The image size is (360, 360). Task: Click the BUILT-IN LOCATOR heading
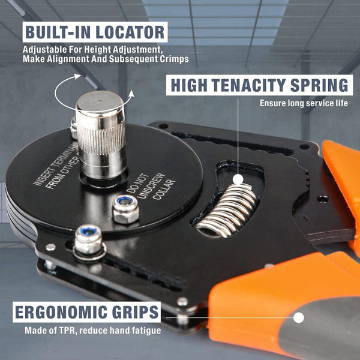tap(94, 32)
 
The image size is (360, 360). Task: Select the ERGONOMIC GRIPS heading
tap(86, 313)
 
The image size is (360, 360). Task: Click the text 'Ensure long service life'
tap(304, 103)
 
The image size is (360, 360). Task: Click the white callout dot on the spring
tap(238, 179)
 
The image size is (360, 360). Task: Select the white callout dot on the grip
tap(298, 318)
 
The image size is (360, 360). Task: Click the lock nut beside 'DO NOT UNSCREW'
tap(126, 208)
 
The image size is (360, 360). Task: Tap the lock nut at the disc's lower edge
tap(88, 239)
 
